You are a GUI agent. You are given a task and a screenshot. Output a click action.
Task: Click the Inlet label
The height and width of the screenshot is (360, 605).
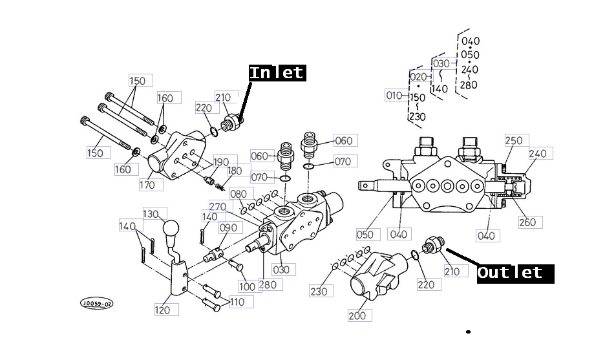click(x=277, y=72)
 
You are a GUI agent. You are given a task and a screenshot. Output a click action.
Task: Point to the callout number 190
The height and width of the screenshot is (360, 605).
click(x=221, y=162)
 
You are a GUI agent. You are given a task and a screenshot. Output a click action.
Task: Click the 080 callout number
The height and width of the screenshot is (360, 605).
click(x=239, y=194)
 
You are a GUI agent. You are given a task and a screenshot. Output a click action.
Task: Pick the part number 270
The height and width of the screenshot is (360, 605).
click(x=218, y=207)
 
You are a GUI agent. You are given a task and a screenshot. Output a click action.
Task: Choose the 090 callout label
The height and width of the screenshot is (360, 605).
click(x=228, y=228)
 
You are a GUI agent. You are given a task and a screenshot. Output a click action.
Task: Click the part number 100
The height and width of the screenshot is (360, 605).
click(x=248, y=286)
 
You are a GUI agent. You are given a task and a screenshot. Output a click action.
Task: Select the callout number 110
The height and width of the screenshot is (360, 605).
click(x=237, y=301)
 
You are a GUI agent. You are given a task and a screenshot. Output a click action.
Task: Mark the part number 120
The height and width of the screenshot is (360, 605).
click(x=162, y=310)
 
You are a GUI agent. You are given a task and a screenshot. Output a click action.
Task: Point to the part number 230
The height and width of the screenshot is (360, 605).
click(x=319, y=291)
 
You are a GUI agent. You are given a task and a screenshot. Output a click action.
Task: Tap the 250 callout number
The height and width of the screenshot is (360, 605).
click(x=514, y=141)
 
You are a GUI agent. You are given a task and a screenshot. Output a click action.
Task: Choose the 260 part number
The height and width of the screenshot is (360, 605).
click(x=527, y=222)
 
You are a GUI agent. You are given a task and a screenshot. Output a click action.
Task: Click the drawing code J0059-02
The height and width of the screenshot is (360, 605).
click(x=96, y=302)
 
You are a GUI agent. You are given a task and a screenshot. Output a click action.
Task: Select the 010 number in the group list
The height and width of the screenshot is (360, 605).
click(x=394, y=96)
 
